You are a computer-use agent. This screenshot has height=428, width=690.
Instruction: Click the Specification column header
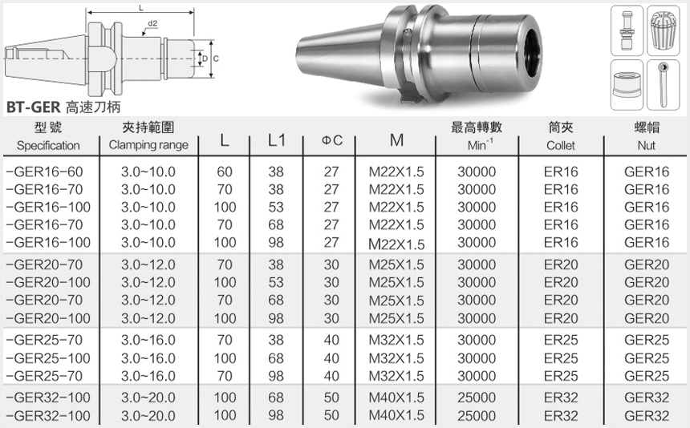48,145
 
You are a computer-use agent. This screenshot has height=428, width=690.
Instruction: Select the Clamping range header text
148,145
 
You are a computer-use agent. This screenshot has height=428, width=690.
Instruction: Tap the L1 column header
277,140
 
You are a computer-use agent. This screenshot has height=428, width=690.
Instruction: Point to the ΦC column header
332,140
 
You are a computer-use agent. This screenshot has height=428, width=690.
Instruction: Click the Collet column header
561,145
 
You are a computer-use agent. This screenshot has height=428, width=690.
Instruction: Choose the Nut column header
646,145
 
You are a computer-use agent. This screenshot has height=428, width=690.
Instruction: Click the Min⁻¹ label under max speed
480,144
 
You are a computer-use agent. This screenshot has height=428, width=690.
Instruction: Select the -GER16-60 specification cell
44,172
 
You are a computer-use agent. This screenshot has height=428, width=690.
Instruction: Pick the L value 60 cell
225,172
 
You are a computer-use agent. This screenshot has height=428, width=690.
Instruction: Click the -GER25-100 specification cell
48,358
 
